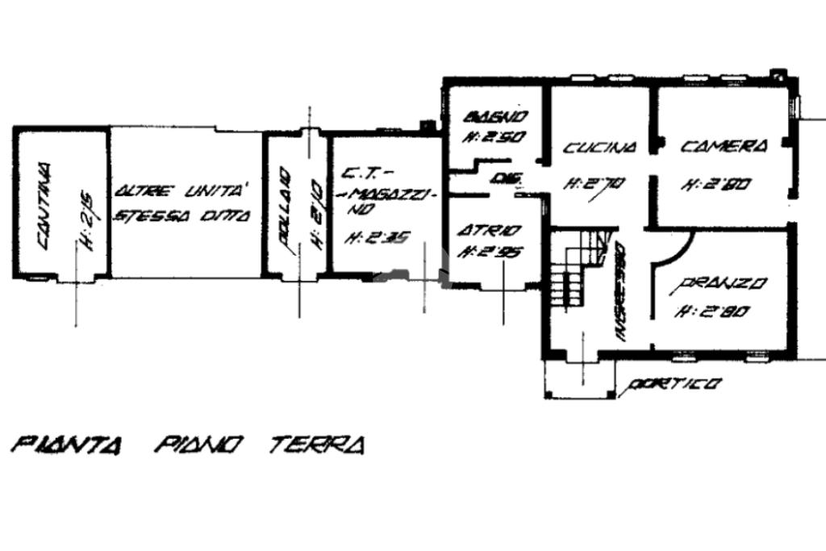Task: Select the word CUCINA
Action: coord(599,148)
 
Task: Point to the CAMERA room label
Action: coord(724,146)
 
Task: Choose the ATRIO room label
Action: coord(489,231)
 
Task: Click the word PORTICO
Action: coord(674,385)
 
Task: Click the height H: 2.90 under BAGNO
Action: coord(494,137)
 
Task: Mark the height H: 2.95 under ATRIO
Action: coord(489,251)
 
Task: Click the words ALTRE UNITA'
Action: coord(182,192)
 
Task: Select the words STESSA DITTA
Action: coord(182,215)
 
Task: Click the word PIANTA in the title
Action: coord(66,445)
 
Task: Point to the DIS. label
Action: coord(505,177)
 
